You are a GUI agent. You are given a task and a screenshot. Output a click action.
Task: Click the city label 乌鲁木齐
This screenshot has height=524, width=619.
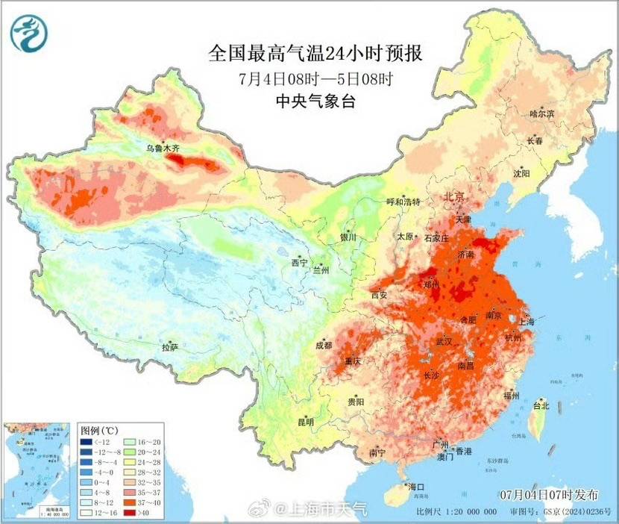163,149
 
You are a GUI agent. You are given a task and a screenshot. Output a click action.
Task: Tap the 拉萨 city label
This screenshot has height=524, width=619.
170,346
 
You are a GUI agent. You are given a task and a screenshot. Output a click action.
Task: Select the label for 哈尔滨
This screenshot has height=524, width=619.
541,113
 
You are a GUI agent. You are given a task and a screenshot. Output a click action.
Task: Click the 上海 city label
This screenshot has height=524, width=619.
525,321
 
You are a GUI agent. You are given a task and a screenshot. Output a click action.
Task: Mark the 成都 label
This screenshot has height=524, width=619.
324,345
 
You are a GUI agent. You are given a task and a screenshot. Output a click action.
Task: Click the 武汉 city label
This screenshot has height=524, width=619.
444,341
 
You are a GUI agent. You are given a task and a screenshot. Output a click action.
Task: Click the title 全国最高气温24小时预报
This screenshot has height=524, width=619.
315,54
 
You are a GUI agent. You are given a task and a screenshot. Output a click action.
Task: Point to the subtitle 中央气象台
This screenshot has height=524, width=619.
315,100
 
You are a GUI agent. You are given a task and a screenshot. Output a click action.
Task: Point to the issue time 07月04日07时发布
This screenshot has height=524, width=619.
550,494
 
